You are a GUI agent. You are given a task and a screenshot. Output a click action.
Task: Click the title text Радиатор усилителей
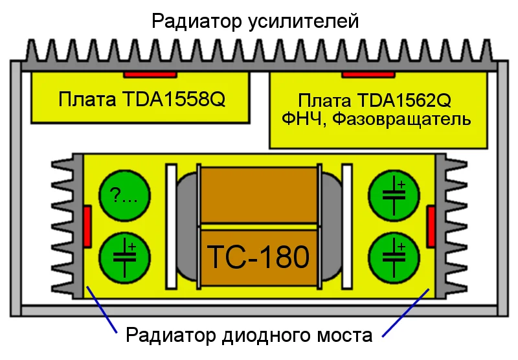tap(254, 21)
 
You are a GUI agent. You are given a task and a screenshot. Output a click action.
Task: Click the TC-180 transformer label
tap(258, 257)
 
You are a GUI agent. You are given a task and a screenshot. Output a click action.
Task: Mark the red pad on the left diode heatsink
tap(87, 226)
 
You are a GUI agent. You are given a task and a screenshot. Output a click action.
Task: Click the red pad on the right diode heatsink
tap(431, 226)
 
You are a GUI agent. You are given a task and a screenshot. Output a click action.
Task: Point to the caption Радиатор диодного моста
tap(249, 336)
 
